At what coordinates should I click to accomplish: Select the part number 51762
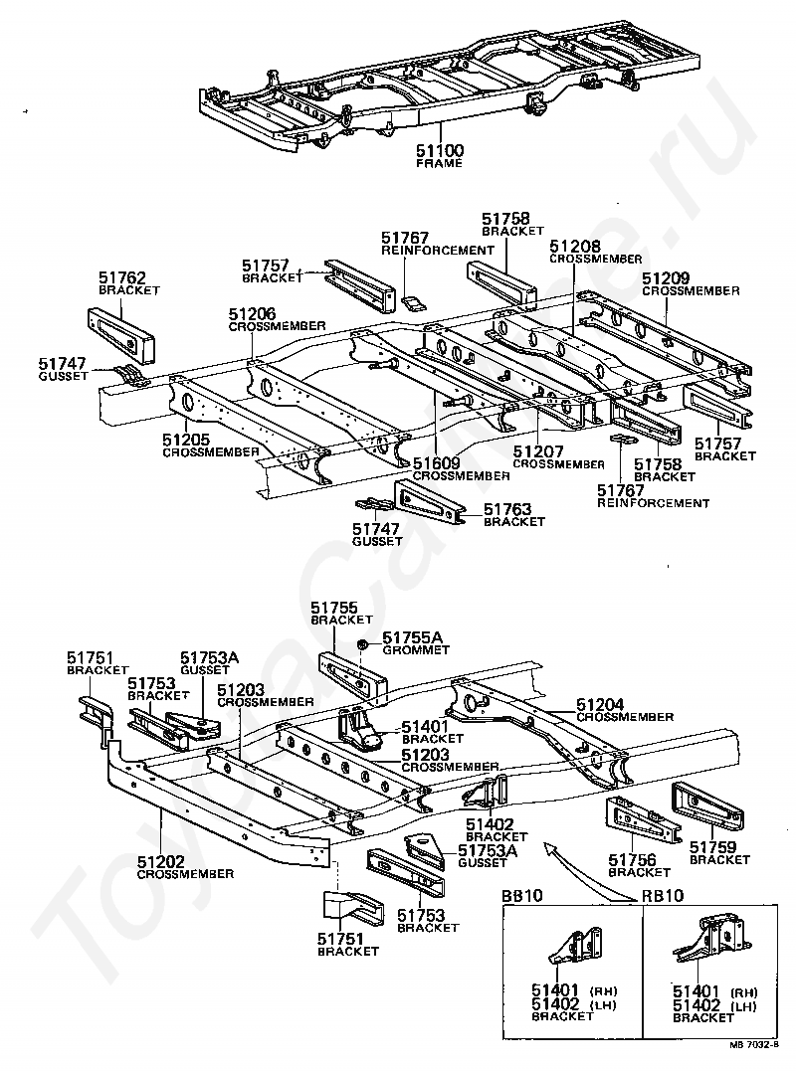[122, 278]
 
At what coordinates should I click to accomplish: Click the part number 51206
[254, 313]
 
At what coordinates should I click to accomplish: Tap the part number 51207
[538, 451]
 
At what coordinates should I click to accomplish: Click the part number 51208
[574, 246]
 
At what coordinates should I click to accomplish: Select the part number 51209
[667, 278]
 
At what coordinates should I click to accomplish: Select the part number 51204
[601, 705]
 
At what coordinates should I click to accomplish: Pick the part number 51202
[160, 861]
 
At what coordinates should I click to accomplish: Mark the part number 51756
[633, 859]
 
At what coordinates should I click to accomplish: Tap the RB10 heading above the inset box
[662, 896]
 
